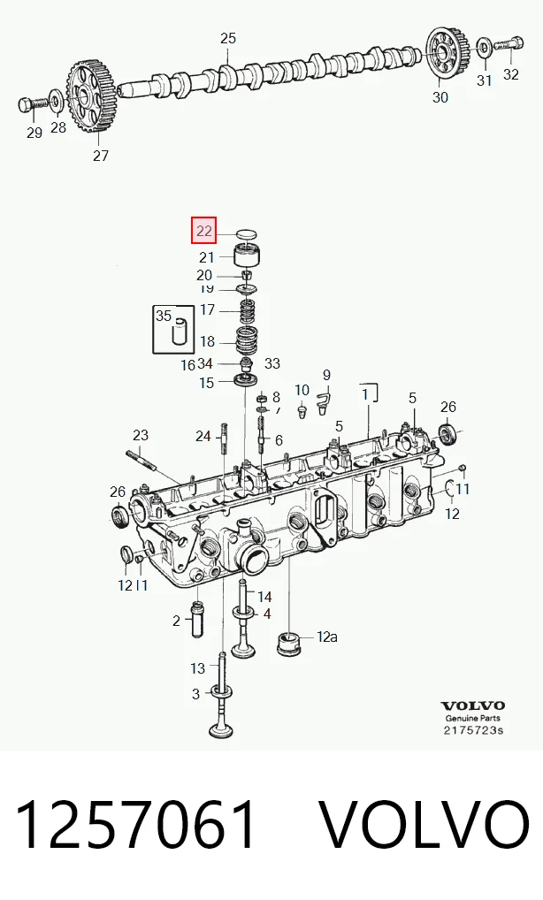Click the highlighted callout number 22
pyautogui.click(x=203, y=231)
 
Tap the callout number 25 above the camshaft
pyautogui.click(x=228, y=38)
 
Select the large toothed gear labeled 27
pyautogui.click(x=91, y=97)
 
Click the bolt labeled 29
pyautogui.click(x=34, y=104)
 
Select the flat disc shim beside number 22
pyautogui.click(x=246, y=234)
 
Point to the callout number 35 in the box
pyautogui.click(x=164, y=316)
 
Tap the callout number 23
pyautogui.click(x=141, y=435)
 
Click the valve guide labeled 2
pyautogui.click(x=198, y=618)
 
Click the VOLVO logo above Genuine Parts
pyautogui.click(x=472, y=706)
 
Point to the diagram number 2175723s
pyautogui.click(x=473, y=730)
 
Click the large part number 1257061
pyautogui.click(x=135, y=825)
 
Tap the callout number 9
pyautogui.click(x=326, y=376)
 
